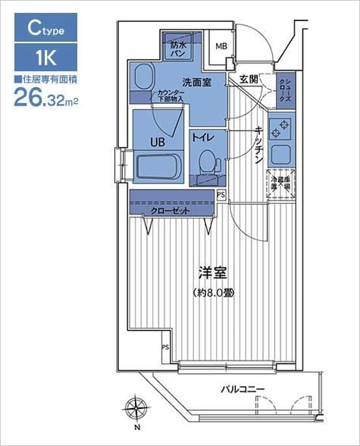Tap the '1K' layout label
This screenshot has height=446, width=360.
pyautogui.click(x=45, y=58)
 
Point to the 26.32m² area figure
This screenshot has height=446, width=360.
pyautogui.click(x=45, y=97)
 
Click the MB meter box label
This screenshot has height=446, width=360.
pyautogui.click(x=221, y=46)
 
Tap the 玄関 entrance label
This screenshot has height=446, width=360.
pyautogui.click(x=249, y=78)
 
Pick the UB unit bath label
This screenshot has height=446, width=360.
pyautogui.click(x=157, y=140)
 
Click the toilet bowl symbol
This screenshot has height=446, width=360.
pyautogui.click(x=206, y=162)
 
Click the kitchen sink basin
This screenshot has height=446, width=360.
pyautogui.click(x=280, y=153)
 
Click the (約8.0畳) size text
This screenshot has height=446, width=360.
pyautogui.click(x=213, y=292)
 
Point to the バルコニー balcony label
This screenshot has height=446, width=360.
pyautogui.click(x=243, y=389)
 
